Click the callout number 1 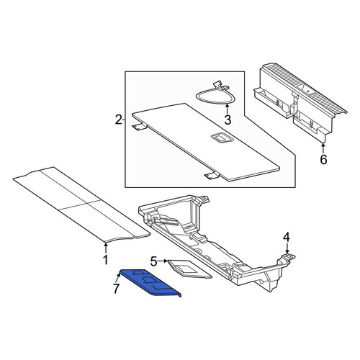(105, 260)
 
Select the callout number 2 (119, 120)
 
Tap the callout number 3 (228, 120)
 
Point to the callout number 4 (287, 238)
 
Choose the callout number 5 (153, 261)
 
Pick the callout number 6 (323, 160)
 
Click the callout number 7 (116, 289)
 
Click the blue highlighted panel (150, 282)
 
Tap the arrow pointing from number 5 (163, 261)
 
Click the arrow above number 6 (323, 148)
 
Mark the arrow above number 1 (105, 248)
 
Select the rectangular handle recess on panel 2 (220, 138)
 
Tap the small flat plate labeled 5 (189, 269)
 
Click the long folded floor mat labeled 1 (81, 204)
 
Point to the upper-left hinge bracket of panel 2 (139, 127)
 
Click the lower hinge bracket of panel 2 (212, 176)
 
